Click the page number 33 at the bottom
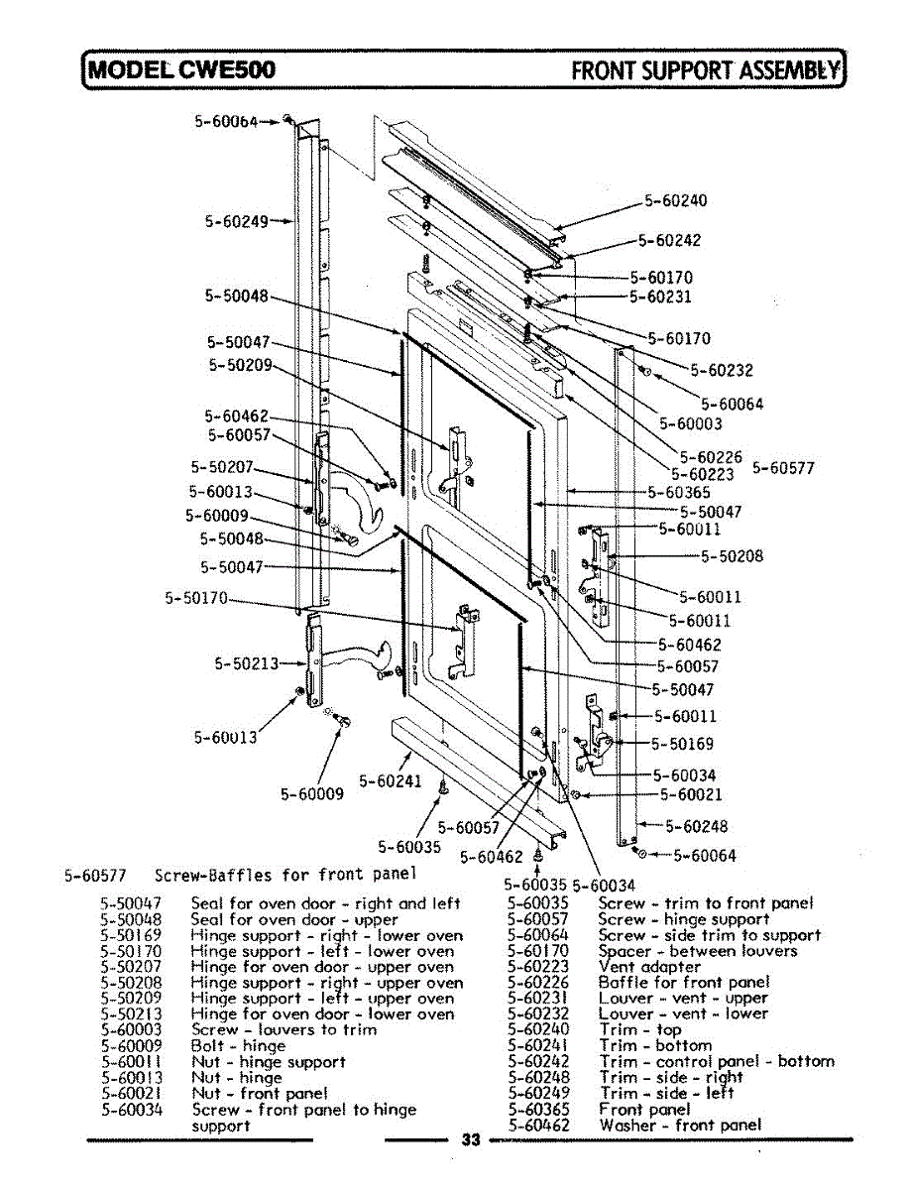coord(471,1140)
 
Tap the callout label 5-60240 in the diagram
coord(676,200)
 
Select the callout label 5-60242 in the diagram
coord(669,239)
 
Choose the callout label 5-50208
coord(732,556)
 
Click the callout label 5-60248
coord(696,825)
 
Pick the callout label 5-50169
coord(682,743)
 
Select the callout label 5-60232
coord(722,371)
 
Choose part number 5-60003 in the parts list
coord(132,1030)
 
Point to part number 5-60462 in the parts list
coord(538,1125)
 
